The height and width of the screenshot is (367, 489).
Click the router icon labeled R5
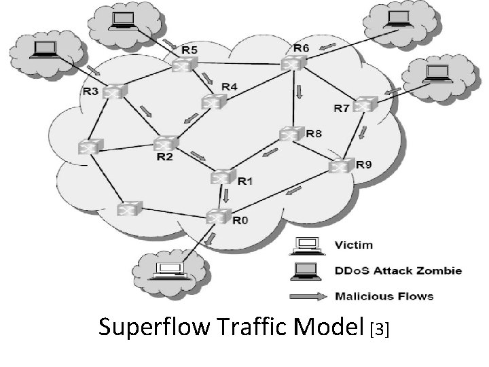183,65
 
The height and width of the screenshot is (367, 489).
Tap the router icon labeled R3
113,92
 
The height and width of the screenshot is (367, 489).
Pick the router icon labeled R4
213,102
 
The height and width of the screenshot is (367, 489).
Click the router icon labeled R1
221,177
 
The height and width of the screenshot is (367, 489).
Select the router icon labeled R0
217,217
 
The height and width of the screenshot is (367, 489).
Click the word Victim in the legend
354,245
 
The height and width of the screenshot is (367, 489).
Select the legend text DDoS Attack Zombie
398,270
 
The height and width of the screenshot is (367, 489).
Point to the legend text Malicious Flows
384,296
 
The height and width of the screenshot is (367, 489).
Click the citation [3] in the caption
380,330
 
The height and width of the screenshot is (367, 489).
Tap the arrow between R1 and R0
227,196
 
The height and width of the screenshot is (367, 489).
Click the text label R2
164,158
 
